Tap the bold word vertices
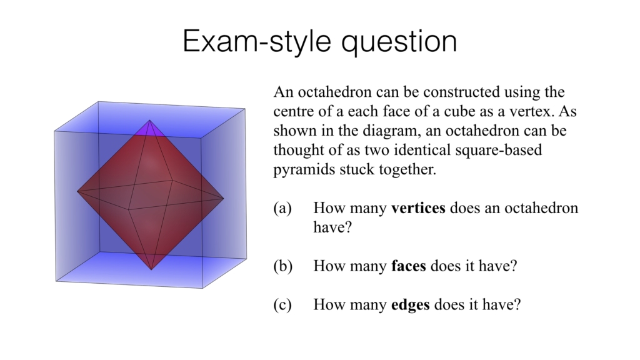click(418, 208)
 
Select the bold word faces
click(409, 266)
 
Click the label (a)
click(282, 208)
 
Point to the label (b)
click(283, 266)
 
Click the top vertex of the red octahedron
click(149, 120)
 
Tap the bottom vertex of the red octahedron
click(151, 269)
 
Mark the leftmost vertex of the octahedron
click(77, 192)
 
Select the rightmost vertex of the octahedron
click(224, 199)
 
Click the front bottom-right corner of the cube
click(202, 288)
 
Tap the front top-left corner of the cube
click(55, 131)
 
